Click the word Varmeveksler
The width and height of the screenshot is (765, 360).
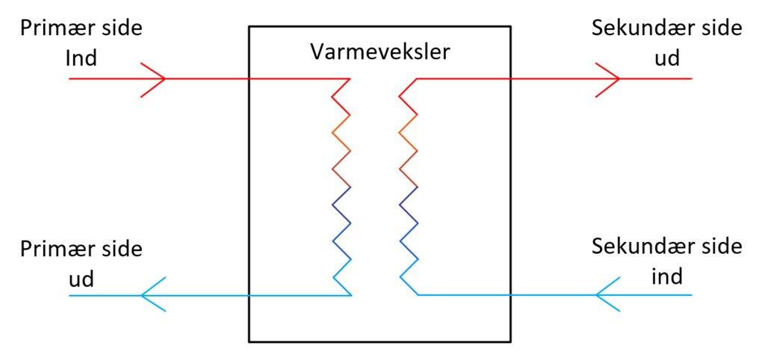pos(380,53)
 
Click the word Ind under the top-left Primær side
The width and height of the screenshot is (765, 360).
pos(81,58)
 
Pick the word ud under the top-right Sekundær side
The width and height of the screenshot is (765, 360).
pos(667,58)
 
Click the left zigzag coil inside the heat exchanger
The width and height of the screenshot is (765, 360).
pos(341,187)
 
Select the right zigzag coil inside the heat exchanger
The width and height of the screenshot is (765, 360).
pos(409,187)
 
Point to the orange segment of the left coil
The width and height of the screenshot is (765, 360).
pos(341,131)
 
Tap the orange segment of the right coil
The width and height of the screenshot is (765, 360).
pos(409,131)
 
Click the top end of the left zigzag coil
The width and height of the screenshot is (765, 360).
pos(350,79)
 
